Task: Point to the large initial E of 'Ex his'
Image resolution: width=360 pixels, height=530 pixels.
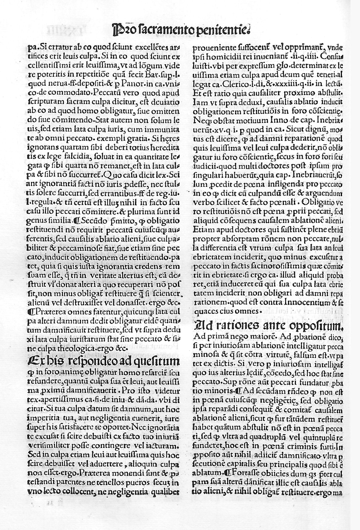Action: click(33, 362)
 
